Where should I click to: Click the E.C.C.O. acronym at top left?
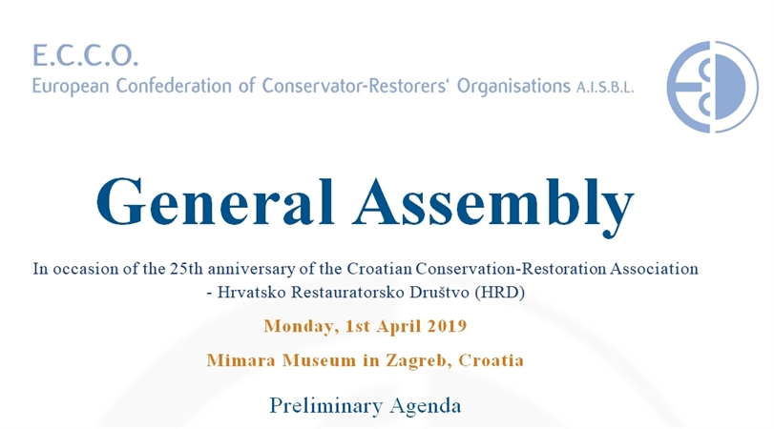[85, 55]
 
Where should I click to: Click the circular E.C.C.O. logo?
[712, 87]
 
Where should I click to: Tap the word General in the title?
[216, 202]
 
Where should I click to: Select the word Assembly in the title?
[493, 206]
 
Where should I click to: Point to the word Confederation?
[174, 86]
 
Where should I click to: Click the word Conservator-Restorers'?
[355, 86]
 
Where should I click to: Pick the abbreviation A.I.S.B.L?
[605, 88]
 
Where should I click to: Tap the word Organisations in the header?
[513, 87]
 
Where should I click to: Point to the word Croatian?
[379, 269]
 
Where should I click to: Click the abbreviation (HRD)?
[499, 293]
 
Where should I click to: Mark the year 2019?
[448, 326]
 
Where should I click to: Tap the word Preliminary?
[325, 406]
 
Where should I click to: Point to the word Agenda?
[426, 407]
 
